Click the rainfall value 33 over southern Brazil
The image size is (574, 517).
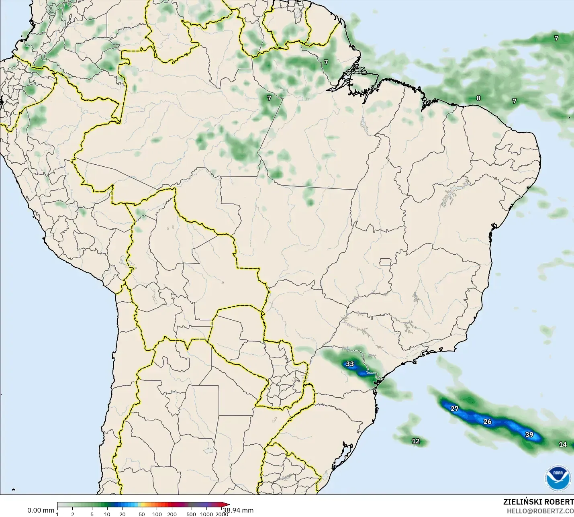pos(350,364)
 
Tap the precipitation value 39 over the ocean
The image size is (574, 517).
pos(529,435)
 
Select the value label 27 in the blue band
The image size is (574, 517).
pos(454,409)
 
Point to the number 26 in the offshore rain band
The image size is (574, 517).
pos(487,421)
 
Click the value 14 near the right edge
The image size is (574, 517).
pos(563,444)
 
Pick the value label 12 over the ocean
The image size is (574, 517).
pos(416,441)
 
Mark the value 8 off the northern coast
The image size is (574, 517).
pos(478,98)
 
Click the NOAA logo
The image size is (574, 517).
pos(558,478)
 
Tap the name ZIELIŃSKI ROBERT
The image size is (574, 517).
pos(538,502)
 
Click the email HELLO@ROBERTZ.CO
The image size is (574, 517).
pos(540,511)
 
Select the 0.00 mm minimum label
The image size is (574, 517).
pos(41,510)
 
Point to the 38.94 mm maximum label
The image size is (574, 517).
pos(238,510)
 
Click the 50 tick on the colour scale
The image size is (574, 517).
pos(142,514)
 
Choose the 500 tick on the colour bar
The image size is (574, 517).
pos(192,514)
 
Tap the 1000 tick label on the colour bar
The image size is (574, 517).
pos(206,514)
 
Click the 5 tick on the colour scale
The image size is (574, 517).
pos(92,514)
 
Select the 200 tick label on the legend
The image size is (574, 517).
pos(172,514)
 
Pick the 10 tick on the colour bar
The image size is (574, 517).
pos(107,514)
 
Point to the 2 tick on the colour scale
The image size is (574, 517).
pos(73,514)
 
